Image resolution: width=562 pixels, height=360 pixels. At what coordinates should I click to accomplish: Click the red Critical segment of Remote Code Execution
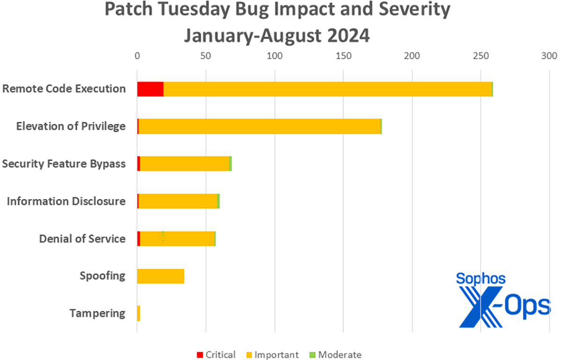coord(150,89)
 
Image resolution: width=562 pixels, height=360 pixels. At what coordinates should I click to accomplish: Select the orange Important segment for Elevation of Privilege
coord(259,127)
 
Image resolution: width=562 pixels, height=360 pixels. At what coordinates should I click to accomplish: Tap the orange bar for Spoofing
coord(161,276)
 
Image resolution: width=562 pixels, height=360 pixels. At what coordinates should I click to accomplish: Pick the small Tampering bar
coord(139,313)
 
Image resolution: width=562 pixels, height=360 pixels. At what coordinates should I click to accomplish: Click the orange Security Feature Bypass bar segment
coord(185,164)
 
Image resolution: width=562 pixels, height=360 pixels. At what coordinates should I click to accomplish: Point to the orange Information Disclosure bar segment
coord(178,201)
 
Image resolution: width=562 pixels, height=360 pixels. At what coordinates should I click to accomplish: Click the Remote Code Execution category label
coord(64,89)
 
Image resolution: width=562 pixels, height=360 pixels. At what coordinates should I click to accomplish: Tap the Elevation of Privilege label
coord(71,126)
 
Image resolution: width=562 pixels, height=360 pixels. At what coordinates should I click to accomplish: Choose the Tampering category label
coord(97,313)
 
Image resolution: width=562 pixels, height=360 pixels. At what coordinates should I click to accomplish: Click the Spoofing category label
coord(103,276)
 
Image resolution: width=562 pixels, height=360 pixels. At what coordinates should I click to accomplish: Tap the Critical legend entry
coord(216,354)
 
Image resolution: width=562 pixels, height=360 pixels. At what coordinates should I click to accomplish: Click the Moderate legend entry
coord(335,354)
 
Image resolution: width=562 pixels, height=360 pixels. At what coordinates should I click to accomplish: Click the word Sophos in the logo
coord(481,279)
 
